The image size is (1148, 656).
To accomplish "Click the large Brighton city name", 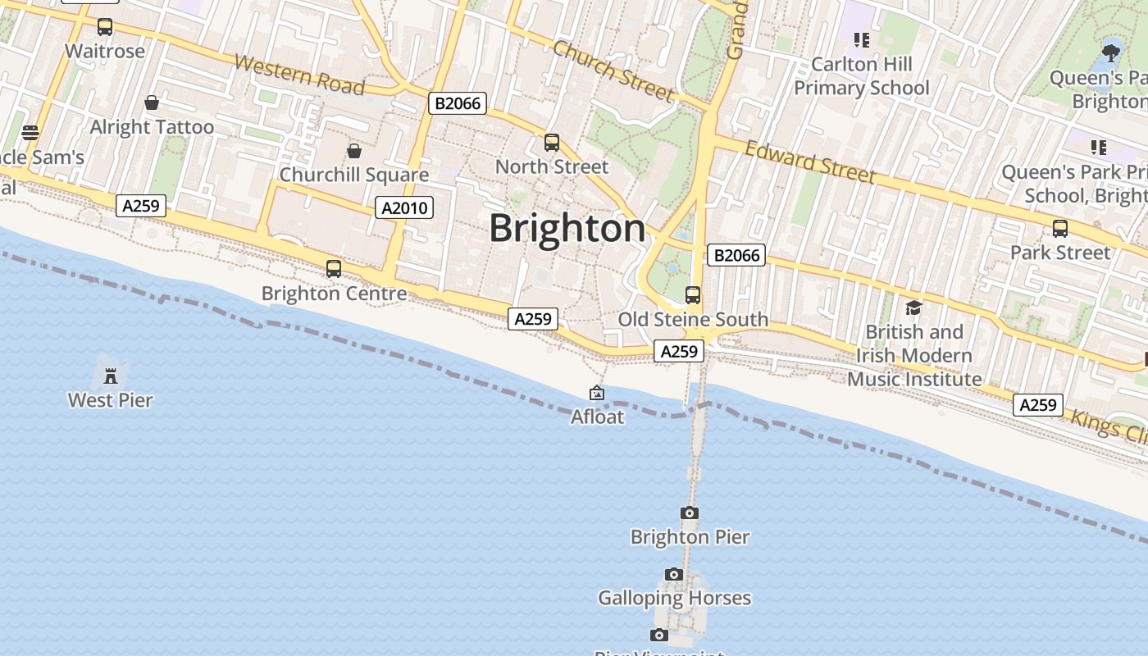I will click(567, 228).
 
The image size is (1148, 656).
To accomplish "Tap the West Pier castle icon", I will click(111, 376).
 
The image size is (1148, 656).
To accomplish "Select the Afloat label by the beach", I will click(597, 417).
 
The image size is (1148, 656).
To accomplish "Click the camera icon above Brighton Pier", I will click(690, 513).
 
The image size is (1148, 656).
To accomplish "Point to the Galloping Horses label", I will click(674, 598).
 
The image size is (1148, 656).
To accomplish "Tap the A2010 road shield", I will click(405, 207).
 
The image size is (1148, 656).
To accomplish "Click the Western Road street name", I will click(298, 74).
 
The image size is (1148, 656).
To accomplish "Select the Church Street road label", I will click(613, 71).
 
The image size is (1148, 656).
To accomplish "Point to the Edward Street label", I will click(810, 162).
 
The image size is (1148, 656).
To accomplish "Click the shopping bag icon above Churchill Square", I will click(354, 151).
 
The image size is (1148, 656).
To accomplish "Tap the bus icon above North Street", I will click(552, 143).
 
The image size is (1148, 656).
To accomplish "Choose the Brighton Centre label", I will click(334, 293).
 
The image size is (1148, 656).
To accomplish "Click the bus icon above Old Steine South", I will click(693, 295).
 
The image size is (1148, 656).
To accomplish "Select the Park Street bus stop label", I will click(1059, 252).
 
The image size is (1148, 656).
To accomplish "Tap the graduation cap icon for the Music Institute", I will click(913, 308).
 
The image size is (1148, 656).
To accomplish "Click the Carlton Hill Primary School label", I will click(861, 75).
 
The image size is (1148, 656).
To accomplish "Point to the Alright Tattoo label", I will click(152, 127).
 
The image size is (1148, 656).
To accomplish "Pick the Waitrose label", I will click(105, 51).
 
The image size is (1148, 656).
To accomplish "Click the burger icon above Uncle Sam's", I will click(30, 133).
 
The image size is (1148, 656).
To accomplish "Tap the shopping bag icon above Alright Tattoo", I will click(152, 102).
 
